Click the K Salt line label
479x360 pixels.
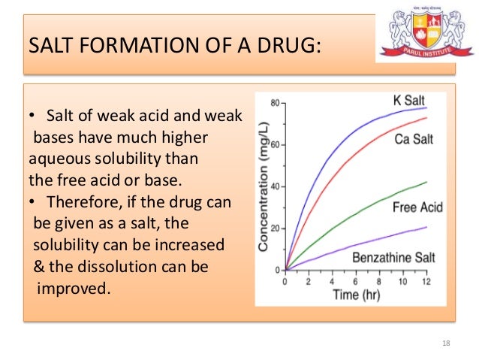411,101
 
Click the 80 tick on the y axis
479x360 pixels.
275,102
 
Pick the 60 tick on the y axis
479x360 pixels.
275,144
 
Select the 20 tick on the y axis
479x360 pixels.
275,228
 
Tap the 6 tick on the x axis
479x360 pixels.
356,282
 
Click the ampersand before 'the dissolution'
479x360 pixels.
40,267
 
